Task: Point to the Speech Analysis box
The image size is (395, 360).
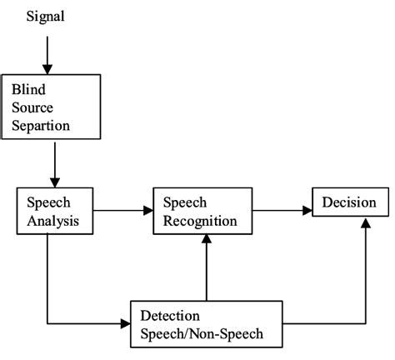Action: tap(54, 212)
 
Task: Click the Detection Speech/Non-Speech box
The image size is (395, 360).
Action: tap(206, 326)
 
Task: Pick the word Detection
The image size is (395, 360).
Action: tap(170, 317)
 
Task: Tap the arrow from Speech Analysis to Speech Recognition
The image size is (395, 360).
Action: tap(122, 212)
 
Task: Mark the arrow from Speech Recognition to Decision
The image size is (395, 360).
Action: tap(281, 212)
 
